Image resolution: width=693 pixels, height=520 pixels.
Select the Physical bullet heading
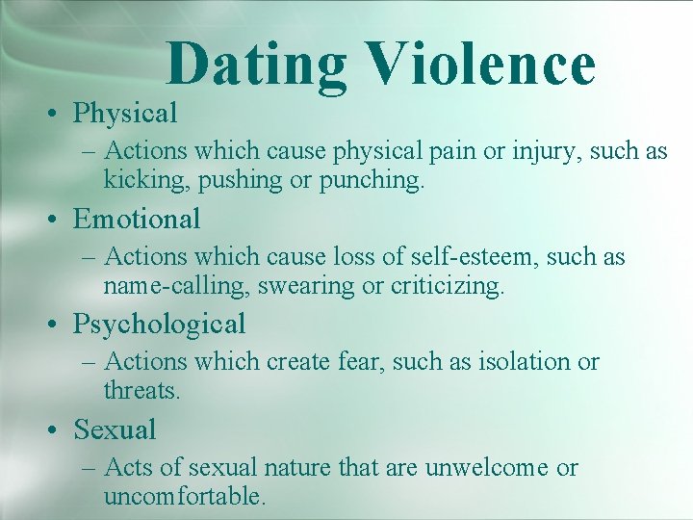click(x=125, y=114)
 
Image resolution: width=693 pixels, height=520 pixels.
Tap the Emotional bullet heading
click(x=137, y=219)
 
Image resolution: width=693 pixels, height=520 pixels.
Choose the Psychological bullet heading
click(x=159, y=325)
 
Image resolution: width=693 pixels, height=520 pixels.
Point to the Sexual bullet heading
click(x=115, y=429)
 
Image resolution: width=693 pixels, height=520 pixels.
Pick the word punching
click(x=372, y=180)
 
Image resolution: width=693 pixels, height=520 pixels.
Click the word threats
click(x=141, y=391)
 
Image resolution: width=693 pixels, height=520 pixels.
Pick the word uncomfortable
click(x=183, y=497)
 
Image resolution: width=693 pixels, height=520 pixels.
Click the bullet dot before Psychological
click(x=57, y=325)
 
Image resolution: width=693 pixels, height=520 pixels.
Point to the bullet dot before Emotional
click(x=57, y=220)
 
